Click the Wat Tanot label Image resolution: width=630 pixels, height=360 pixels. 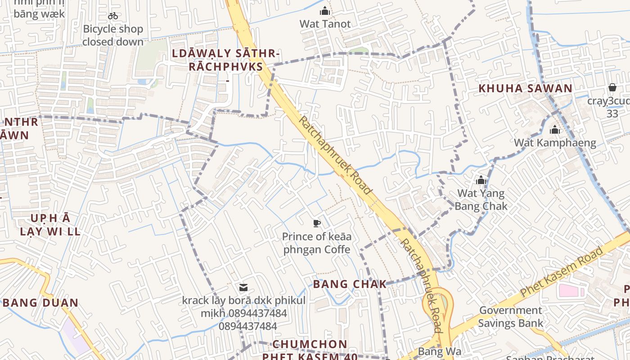pyautogui.click(x=325, y=24)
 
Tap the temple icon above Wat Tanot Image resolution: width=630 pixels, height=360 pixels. pyautogui.click(x=325, y=11)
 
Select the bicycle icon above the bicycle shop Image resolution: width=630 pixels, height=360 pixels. pyautogui.click(x=113, y=16)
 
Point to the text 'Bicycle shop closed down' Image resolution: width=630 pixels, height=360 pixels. pyautogui.click(x=113, y=36)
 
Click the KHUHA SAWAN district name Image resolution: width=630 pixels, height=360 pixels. pyautogui.click(x=525, y=88)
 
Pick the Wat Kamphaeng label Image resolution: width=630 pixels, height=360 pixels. pyautogui.click(x=555, y=143)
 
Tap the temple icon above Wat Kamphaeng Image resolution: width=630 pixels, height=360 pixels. pyautogui.click(x=555, y=130)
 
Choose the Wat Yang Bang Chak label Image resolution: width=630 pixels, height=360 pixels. pyautogui.click(x=481, y=200)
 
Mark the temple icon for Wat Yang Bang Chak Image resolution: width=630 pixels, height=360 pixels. pyautogui.click(x=481, y=181)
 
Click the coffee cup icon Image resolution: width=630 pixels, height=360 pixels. pyautogui.click(x=317, y=223)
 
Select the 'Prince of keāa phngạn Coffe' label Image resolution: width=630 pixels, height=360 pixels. pyautogui.click(x=317, y=243)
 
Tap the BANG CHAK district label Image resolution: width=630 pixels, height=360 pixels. pyautogui.click(x=350, y=284)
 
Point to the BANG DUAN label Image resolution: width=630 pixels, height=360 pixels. pyautogui.click(x=40, y=303)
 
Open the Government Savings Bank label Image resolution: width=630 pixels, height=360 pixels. pyautogui.click(x=510, y=316)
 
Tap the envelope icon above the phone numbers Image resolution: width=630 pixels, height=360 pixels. pyautogui.click(x=243, y=288)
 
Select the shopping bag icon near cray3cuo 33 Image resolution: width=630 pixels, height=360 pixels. pyautogui.click(x=612, y=87)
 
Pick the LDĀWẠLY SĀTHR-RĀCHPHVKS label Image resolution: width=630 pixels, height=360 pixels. pyautogui.click(x=226, y=60)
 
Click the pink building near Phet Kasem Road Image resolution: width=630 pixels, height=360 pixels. pyautogui.click(x=570, y=291)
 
